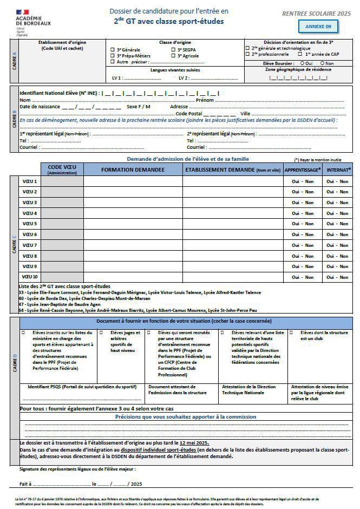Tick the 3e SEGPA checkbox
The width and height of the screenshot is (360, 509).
click(173, 49)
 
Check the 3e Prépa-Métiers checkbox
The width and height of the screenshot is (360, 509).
click(113, 55)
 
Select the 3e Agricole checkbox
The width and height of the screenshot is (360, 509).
click(173, 55)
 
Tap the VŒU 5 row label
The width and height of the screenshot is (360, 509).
click(30, 224)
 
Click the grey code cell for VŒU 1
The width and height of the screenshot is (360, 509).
click(62, 181)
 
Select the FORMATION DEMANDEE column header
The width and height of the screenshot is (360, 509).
click(133, 169)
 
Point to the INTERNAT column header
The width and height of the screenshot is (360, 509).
click(338, 169)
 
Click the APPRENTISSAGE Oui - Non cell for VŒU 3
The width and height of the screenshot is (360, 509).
click(303, 203)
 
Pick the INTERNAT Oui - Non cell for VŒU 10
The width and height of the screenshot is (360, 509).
click(337, 277)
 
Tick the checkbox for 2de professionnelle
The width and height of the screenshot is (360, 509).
click(247, 54)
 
